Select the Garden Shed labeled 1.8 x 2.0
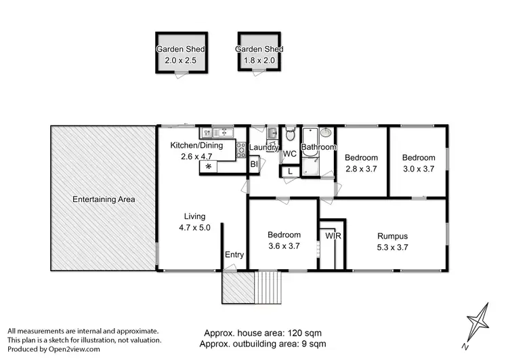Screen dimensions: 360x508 point(259,54)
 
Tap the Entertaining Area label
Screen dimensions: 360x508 point(104,199)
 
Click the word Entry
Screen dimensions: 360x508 point(234,255)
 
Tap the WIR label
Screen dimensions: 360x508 point(333,236)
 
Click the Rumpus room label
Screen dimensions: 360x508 point(393,236)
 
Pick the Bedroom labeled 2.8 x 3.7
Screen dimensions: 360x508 point(360,163)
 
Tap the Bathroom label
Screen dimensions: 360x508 point(318,146)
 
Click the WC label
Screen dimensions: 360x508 point(289,154)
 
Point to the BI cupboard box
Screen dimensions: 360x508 point(255,164)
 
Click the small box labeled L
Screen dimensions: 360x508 point(289,171)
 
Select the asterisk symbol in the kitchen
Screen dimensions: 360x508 point(209,166)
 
